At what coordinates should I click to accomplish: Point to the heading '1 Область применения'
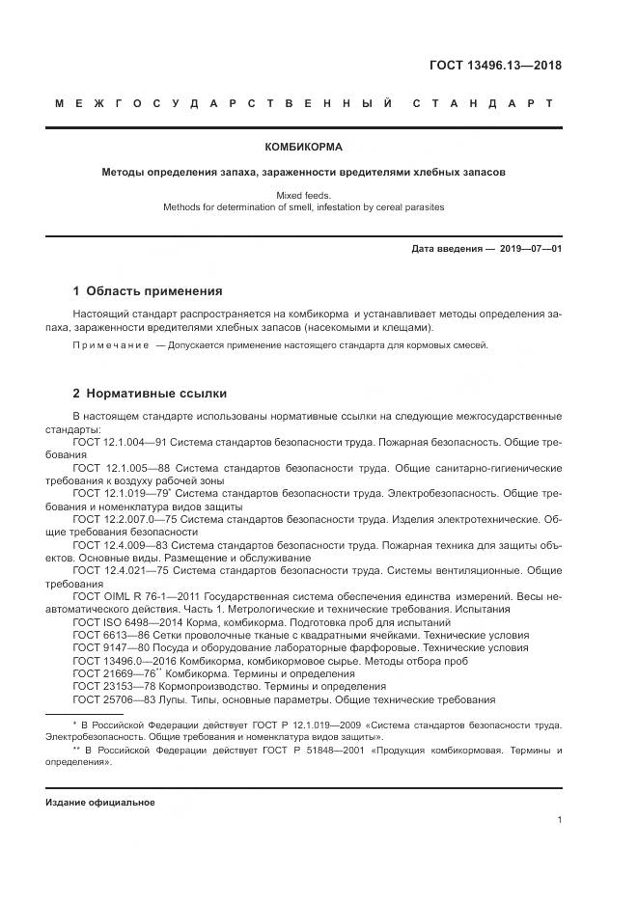148,290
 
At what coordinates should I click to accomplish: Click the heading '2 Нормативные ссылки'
150,394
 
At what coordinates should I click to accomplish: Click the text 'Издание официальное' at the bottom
99,803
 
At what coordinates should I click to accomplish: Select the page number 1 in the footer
560,820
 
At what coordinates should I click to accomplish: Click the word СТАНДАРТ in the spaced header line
483,103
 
